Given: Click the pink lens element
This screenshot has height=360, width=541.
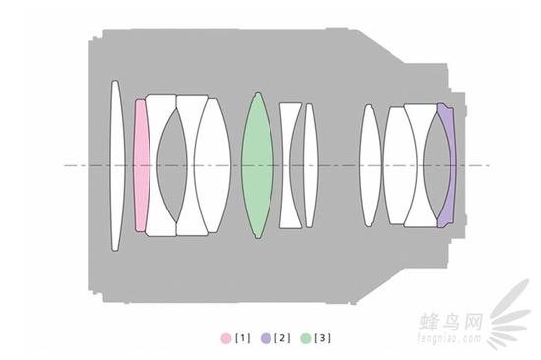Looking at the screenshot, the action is pos(142,165).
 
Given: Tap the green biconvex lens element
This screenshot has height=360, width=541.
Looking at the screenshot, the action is pos(258,165).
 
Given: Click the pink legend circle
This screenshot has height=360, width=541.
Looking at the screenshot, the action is pos(226,338).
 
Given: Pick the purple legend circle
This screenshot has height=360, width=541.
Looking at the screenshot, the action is pos(266,338).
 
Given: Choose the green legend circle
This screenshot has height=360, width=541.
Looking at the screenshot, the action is pos(306,338).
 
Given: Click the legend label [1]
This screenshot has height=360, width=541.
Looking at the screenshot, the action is pos(243,338).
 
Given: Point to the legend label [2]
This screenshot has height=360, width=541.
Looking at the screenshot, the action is pos(282,338).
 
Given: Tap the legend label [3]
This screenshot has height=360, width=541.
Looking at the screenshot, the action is pos(323,338).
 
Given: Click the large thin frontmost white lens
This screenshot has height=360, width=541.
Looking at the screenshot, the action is pos(116,165).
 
